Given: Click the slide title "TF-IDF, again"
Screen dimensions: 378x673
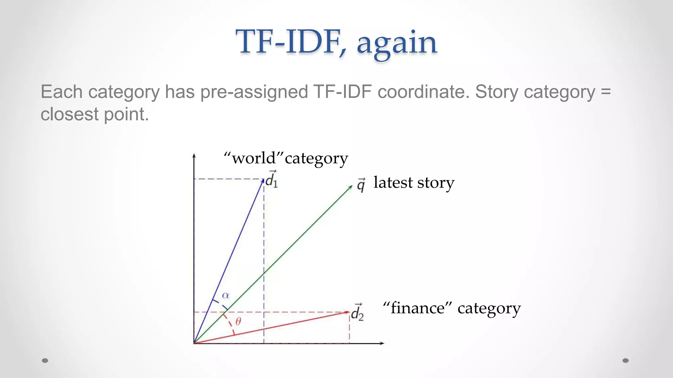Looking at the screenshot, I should click(x=336, y=43).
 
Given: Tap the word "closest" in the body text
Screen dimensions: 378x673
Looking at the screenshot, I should click(x=69, y=115).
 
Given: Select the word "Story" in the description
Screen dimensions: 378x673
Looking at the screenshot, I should click(x=497, y=92).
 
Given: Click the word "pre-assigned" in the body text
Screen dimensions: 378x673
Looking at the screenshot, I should click(x=254, y=92).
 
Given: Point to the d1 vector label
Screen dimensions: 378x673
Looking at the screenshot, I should click(x=271, y=179).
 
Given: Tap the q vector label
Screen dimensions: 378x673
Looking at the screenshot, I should click(x=361, y=185).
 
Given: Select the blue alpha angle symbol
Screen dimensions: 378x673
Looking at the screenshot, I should click(x=226, y=295).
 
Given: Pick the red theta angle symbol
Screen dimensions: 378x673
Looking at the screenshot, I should click(x=238, y=321).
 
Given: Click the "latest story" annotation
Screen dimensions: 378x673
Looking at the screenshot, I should click(x=414, y=183).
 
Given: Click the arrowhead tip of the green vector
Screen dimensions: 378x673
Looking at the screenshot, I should click(x=352, y=186).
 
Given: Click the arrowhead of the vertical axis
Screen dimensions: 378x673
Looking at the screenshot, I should click(x=194, y=155).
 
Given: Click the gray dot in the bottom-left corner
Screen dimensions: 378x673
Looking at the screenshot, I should click(x=45, y=361).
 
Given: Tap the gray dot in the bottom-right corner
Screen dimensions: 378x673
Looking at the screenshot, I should click(x=626, y=361).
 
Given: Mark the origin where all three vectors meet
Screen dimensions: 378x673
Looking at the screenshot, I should click(x=194, y=343).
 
